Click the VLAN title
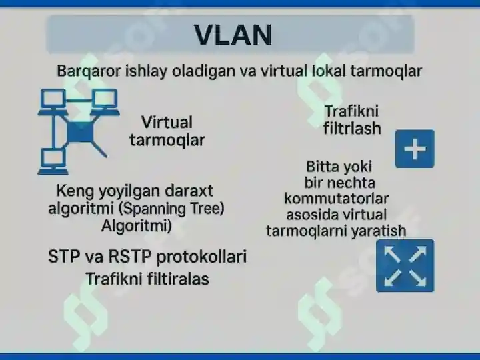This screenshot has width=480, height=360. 233,35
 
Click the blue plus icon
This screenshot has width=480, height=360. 415,149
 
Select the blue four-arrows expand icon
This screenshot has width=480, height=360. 405,266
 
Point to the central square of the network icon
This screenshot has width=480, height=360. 79,132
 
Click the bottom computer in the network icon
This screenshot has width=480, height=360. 53,161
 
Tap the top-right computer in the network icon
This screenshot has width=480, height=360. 105,102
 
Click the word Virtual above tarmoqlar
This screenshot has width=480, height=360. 167,123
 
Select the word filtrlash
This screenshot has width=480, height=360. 352,128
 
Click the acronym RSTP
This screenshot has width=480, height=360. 130,257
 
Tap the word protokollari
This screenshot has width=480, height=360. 202,257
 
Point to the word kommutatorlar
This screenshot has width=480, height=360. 337,199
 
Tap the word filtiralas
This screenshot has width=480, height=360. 178,279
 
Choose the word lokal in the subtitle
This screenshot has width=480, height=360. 329,71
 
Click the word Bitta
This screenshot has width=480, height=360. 323,167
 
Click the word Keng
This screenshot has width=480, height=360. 75,191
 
